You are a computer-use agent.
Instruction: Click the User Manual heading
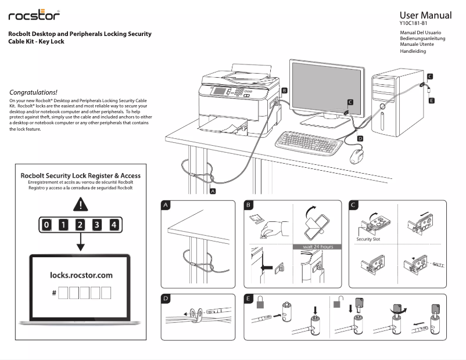click(x=425, y=15)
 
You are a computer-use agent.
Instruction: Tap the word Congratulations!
click(x=34, y=92)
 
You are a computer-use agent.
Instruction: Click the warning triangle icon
click(x=81, y=204)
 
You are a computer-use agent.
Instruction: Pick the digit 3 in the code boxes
click(x=97, y=225)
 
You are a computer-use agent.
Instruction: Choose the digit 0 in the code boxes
click(x=47, y=225)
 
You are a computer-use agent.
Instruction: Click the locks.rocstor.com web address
click(x=81, y=275)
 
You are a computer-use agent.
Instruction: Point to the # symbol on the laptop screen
click(x=54, y=293)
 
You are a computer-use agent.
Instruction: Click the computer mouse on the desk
click(x=357, y=155)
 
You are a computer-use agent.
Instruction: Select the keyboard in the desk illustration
click(x=305, y=142)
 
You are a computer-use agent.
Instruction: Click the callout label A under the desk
click(x=213, y=190)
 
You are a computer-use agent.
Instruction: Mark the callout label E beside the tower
click(x=431, y=100)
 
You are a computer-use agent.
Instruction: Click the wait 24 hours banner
click(x=318, y=247)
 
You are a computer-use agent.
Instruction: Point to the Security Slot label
click(x=368, y=239)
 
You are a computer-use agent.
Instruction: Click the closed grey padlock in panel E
click(x=262, y=303)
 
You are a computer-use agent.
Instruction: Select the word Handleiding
click(x=413, y=51)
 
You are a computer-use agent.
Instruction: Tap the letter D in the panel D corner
click(x=166, y=299)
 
